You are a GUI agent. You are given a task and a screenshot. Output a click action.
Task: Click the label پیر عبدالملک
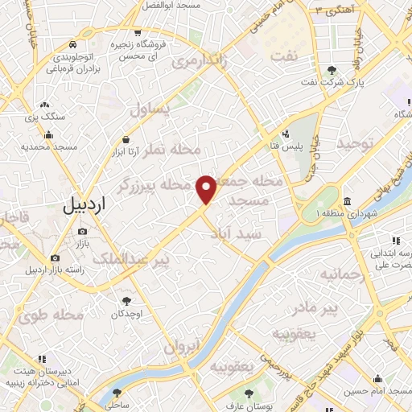[130, 260]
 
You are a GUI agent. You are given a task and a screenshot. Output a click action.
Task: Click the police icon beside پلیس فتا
[286, 134]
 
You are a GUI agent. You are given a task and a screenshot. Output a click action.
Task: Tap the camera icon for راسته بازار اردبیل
[55, 258]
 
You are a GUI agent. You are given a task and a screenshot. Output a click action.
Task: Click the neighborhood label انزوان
[181, 348]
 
